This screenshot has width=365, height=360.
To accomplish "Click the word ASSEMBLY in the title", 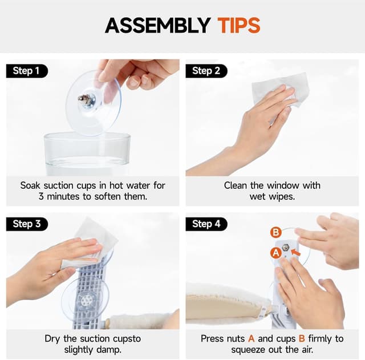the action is [x=158, y=25].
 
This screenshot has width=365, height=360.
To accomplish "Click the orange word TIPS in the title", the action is [x=239, y=25].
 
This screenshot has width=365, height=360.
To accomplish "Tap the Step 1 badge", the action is [x=27, y=71].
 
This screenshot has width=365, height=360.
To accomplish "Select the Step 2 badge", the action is [x=206, y=71].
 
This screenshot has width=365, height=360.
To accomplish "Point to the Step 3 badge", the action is [x=27, y=224].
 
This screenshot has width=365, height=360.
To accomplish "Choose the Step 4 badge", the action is [x=206, y=224].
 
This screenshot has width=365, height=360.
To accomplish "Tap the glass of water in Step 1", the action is [x=87, y=154].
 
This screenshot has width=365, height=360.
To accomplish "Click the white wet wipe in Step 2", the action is [x=279, y=90].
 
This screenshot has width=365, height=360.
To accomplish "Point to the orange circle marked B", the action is [x=276, y=232].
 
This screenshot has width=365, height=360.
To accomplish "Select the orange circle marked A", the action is [x=276, y=253].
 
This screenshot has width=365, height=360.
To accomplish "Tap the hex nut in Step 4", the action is [x=285, y=248].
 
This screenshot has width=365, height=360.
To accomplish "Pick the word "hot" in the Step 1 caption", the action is [x=116, y=185].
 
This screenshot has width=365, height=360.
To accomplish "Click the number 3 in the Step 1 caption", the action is [x=41, y=197].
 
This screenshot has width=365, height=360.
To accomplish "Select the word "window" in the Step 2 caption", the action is [x=283, y=185].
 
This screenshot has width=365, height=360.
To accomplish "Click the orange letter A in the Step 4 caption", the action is [x=251, y=338].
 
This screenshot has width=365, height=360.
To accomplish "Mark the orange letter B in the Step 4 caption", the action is [x=302, y=338].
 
